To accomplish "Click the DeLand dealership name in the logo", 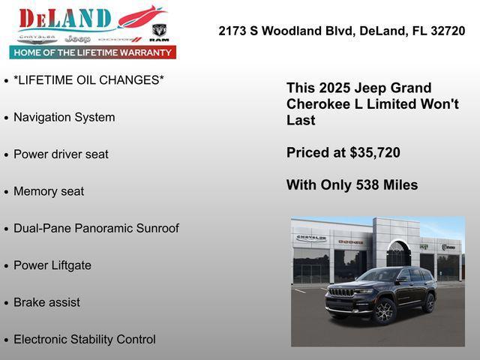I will pos(64,19).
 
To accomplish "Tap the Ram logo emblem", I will pos(159,32).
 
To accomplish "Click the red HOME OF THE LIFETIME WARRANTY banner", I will pos(93,52).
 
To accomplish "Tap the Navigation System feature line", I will pos(64,118).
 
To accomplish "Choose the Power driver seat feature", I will pos(61,154).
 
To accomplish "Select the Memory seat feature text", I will pos(49,191).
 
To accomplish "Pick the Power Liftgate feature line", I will pos(52,265).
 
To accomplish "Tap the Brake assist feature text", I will pos(46,302).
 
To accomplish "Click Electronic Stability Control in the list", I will pos(85,340).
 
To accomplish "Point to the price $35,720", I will pos(375,153).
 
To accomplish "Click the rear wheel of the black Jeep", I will pos(429,302).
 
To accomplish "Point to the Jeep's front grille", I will pos(342,292).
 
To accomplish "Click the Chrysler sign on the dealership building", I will pos(311,238).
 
